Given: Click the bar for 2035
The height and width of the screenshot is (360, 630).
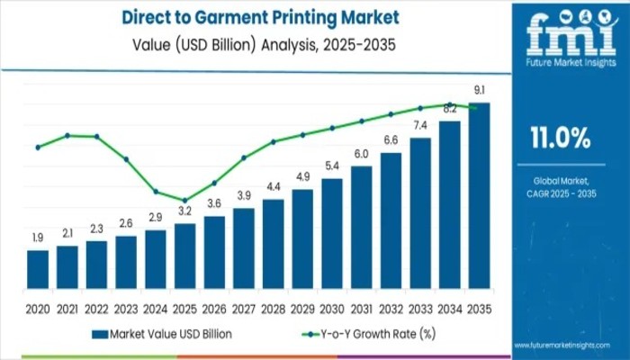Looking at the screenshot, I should (479, 193).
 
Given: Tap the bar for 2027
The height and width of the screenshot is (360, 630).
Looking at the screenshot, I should (244, 247).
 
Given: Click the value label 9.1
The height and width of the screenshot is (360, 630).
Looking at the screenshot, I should (480, 90).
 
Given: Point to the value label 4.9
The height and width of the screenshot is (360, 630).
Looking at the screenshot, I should (303, 176).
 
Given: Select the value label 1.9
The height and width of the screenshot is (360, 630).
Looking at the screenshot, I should (38, 238).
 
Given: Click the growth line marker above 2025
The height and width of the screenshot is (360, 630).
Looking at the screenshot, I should (185, 201).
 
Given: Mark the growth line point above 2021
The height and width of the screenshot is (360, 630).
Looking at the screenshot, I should (67, 135).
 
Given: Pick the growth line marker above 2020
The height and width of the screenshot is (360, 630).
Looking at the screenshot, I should (38, 147).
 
